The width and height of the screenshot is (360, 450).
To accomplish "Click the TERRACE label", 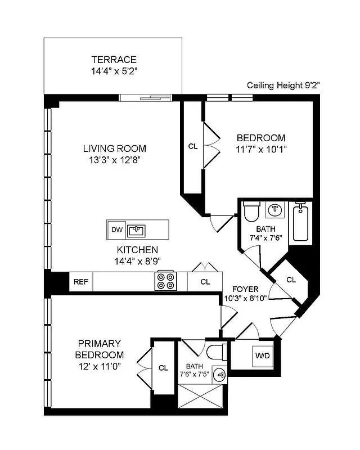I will pos(114,60).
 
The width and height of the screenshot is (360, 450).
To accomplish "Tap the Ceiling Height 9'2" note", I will pos(283,86).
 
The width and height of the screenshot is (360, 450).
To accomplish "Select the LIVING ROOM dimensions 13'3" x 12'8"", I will pos(114,160).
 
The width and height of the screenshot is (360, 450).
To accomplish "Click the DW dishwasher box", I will pos(116,229).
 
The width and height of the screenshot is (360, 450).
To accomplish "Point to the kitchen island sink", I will pos(137,229).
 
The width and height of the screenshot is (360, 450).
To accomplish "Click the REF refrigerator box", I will pos(80,282).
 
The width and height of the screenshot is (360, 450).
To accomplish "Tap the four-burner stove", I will pos(165,281).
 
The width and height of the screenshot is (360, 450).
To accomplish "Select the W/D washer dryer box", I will pos(262,355).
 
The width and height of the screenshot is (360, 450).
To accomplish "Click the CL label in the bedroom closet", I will pos(192,146).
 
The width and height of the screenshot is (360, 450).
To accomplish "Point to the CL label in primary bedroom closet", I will pos(163,368).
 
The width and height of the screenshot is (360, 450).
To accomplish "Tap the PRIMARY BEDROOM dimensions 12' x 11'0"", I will pos(100,366).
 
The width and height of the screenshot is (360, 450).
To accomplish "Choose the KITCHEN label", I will pos(137,250).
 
